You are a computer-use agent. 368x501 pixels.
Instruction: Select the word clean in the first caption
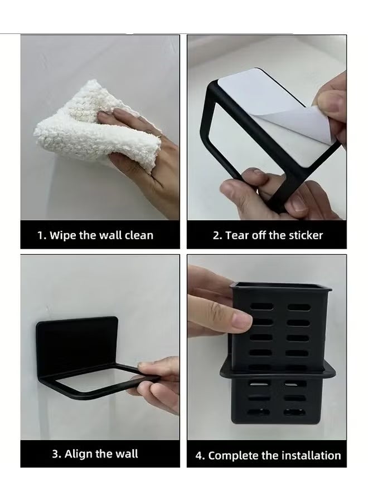pos(138,235)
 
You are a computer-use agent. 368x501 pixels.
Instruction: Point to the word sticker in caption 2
pos(304,235)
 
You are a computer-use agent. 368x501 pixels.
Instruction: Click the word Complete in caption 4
pos(234,456)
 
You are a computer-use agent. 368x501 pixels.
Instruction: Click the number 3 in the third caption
pos(55,454)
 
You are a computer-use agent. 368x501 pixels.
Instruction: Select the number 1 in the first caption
pos(40,235)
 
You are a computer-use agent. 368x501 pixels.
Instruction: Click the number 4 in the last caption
pos(199,456)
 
